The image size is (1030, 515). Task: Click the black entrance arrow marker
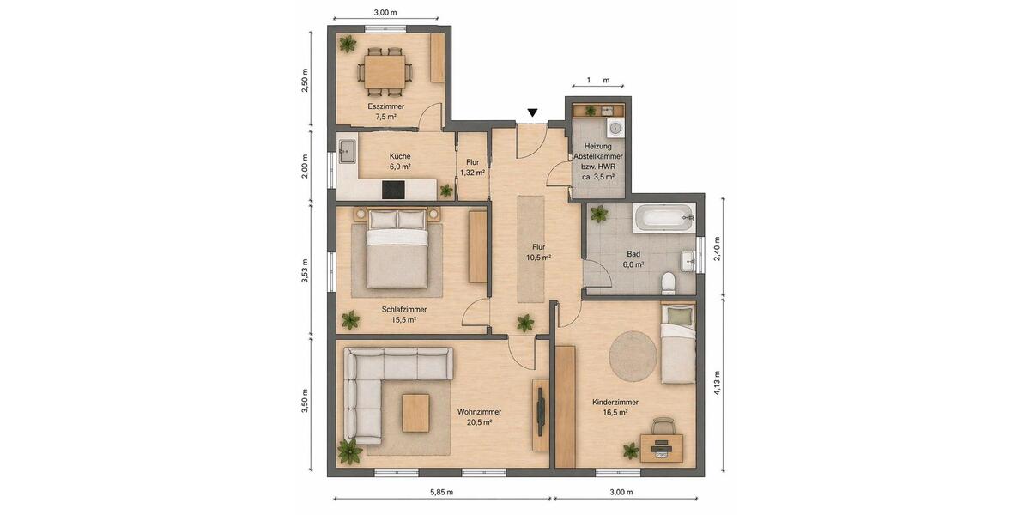(533, 112)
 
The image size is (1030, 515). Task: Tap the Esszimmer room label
(385, 106)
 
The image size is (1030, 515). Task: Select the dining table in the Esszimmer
(385, 70)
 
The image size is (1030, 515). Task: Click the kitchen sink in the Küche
(347, 151)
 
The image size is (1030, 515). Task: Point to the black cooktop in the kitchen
(394, 190)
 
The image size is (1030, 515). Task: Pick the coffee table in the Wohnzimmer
(415, 413)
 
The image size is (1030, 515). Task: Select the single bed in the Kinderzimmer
(678, 343)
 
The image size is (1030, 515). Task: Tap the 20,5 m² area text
(479, 422)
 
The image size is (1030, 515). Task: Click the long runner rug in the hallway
(530, 249)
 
